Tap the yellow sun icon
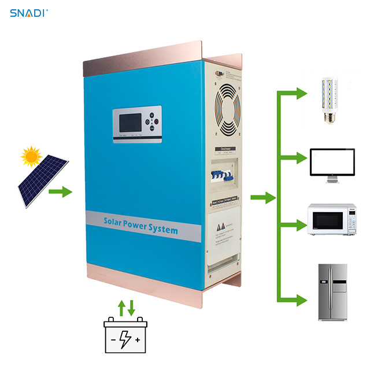pyautogui.click(x=32, y=157)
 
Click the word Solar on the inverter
pyautogui.click(x=117, y=221)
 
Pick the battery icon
pyautogui.click(x=123, y=335)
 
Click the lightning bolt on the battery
pyautogui.click(x=124, y=339)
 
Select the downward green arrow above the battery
pyautogui.click(x=132, y=308)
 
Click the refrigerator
pyautogui.click(x=332, y=293)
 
